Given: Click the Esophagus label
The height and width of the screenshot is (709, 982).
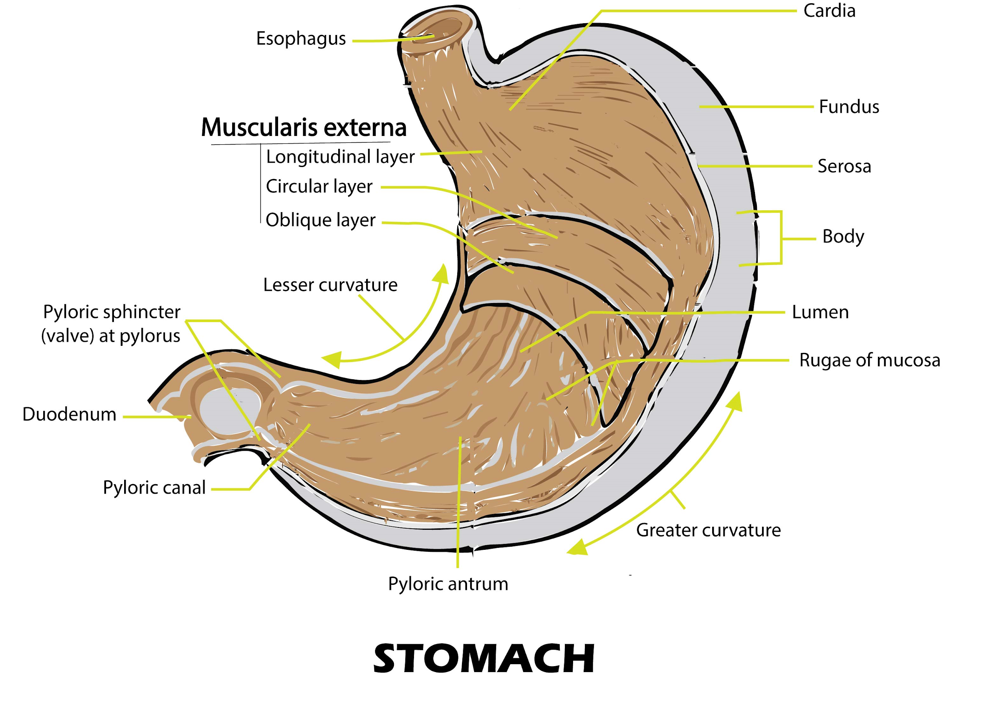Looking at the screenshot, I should click(x=301, y=39).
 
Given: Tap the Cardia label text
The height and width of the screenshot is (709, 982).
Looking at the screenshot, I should click(x=829, y=11).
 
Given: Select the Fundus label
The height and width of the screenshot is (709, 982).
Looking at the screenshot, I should click(x=848, y=107).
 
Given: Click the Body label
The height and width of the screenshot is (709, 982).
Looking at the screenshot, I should click(x=843, y=237).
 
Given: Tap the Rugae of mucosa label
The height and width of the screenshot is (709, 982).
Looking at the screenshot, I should click(x=869, y=360).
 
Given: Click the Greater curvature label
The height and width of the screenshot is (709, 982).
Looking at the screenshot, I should click(x=708, y=530).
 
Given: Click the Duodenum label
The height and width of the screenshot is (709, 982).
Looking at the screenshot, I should click(x=69, y=415).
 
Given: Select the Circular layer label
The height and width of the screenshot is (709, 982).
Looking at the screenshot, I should click(x=319, y=187).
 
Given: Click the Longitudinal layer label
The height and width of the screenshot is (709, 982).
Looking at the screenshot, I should click(x=340, y=157).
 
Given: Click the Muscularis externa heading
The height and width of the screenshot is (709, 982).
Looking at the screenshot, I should click(x=304, y=128).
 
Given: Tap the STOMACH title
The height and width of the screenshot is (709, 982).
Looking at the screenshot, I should click(x=483, y=659).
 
